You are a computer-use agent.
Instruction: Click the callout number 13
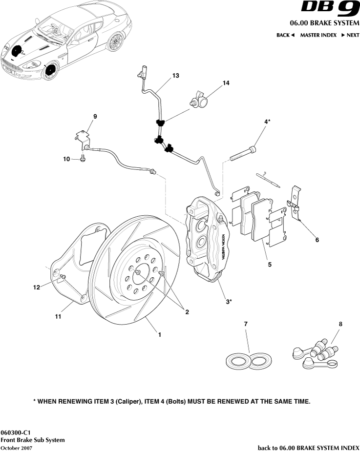(x=175, y=76)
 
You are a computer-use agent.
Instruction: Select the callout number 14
(x=226, y=83)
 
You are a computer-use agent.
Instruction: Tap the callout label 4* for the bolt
(x=267, y=122)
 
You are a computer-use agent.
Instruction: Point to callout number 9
(x=95, y=116)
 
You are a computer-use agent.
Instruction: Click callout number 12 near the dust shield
(x=37, y=288)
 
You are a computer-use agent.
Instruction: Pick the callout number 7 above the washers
(x=246, y=324)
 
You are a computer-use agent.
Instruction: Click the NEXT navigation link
(x=350, y=35)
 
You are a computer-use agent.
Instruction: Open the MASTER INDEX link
(x=318, y=35)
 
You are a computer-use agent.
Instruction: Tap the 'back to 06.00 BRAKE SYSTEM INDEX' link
(x=308, y=447)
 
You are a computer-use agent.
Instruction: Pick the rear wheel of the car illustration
(x=115, y=41)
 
